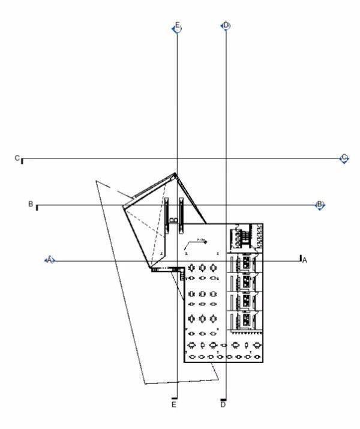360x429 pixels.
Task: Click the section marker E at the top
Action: coord(176,28)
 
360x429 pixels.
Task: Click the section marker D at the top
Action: coord(226,26)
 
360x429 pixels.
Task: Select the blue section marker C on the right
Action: coord(344,158)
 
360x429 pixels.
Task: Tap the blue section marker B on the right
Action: coord(320,205)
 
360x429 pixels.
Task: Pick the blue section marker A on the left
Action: coord(50,260)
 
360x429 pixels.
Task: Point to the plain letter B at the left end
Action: coord(31,205)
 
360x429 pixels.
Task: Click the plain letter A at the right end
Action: coord(304,260)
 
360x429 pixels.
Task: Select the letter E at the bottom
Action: coord(174,406)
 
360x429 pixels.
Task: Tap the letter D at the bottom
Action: coord(223,406)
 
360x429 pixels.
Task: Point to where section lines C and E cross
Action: coord(176,159)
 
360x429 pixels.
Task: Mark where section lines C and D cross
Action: coord(226,159)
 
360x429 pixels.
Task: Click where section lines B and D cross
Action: coord(226,205)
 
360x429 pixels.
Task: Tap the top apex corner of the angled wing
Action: coord(175,175)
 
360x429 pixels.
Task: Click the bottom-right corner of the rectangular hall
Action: coord(265,362)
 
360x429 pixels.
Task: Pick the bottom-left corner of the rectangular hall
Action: coord(183,362)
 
